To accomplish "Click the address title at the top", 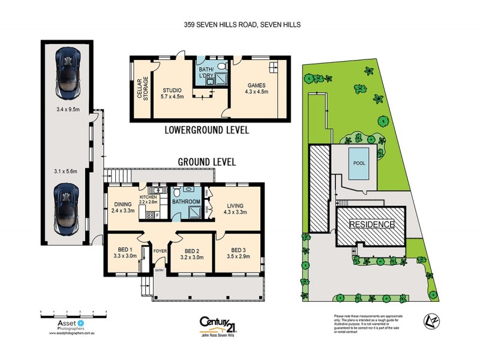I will click(242, 25).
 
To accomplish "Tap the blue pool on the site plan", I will click(359, 164).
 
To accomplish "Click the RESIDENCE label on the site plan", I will click(372, 224).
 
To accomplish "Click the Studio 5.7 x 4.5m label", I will click(171, 94).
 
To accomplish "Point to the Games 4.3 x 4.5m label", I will click(256, 94).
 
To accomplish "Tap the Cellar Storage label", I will click(142, 89).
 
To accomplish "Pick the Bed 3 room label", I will click(238, 253).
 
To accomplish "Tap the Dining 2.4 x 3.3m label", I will click(124, 208).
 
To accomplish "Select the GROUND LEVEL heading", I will click(207, 162).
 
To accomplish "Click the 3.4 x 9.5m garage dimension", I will click(67, 110).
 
